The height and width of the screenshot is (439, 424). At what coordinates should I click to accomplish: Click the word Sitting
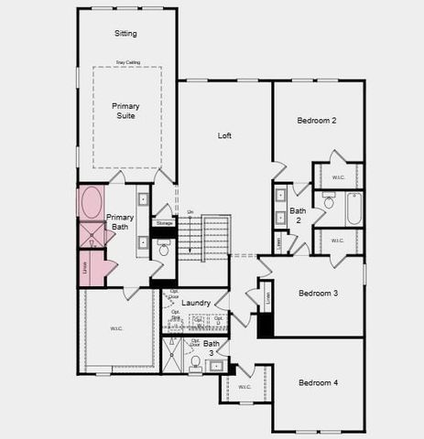click(x=125, y=34)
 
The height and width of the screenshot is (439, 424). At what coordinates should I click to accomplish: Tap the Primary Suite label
click(x=125, y=111)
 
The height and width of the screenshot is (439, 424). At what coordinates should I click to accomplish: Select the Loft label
click(x=224, y=135)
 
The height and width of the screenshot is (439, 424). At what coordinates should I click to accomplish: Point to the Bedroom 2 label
click(x=317, y=120)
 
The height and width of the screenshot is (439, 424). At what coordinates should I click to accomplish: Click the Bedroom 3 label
click(x=318, y=293)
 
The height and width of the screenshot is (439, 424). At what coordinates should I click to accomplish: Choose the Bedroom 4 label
click(x=319, y=381)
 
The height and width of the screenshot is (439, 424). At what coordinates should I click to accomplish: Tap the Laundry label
click(x=196, y=302)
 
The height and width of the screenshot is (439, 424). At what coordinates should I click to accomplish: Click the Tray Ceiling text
click(x=127, y=62)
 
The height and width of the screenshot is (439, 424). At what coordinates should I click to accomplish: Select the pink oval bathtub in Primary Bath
click(x=92, y=202)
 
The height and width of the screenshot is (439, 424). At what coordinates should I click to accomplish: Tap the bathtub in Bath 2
click(x=353, y=209)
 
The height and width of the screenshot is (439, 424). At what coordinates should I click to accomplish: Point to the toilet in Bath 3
click(x=195, y=362)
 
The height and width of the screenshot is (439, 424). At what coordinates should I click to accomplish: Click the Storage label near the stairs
click(x=164, y=222)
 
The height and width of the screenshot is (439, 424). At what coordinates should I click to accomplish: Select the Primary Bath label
click(x=120, y=222)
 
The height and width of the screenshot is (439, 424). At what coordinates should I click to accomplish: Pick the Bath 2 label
click(x=298, y=215)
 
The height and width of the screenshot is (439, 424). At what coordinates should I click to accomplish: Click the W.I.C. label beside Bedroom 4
click(x=245, y=386)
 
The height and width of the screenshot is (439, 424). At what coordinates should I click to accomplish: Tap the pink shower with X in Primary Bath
click(x=92, y=234)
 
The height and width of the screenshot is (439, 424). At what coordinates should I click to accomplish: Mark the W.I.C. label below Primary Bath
click(x=116, y=328)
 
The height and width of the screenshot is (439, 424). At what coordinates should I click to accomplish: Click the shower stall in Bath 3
click(x=172, y=355)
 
